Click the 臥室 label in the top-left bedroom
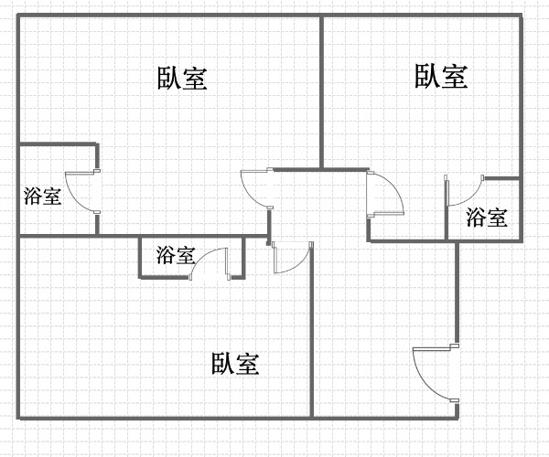point(183,78)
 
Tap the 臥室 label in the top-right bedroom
point(441,76)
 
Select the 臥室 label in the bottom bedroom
point(236,364)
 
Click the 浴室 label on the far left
point(43,195)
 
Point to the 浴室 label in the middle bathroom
point(176,255)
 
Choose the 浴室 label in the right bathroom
point(486,218)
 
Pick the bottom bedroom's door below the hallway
point(292,258)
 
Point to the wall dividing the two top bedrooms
point(322,91)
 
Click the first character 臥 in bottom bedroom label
point(223,364)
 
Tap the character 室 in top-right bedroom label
point(455,76)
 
